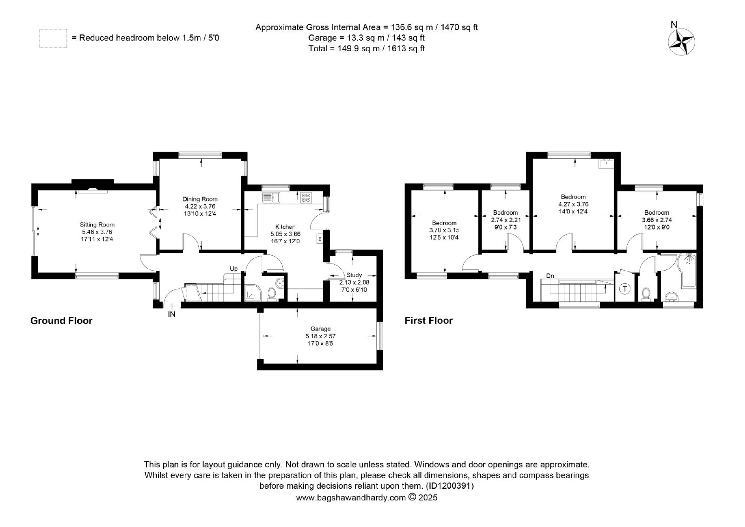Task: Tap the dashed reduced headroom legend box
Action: pyautogui.click(x=53, y=38)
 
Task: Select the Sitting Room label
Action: pyautogui.click(x=97, y=225)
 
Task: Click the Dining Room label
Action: pyautogui.click(x=200, y=199)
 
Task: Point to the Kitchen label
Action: pyautogui.click(x=285, y=227)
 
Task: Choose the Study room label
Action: pyautogui.click(x=354, y=275)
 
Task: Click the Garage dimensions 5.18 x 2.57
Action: pyautogui.click(x=321, y=336)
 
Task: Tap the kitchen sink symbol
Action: pyautogui.click(x=271, y=198)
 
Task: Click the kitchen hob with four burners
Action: pyautogui.click(x=306, y=198)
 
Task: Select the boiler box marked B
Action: pyautogui.click(x=320, y=239)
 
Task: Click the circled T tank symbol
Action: pyautogui.click(x=625, y=288)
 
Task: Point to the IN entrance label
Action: pyautogui.click(x=172, y=314)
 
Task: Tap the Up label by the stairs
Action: pyautogui.click(x=234, y=269)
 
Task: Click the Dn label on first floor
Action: pyautogui.click(x=550, y=276)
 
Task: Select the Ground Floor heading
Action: pyautogui.click(x=61, y=321)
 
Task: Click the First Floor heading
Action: pyautogui.click(x=429, y=321)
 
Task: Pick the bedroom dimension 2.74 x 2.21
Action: pyautogui.click(x=506, y=220)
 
